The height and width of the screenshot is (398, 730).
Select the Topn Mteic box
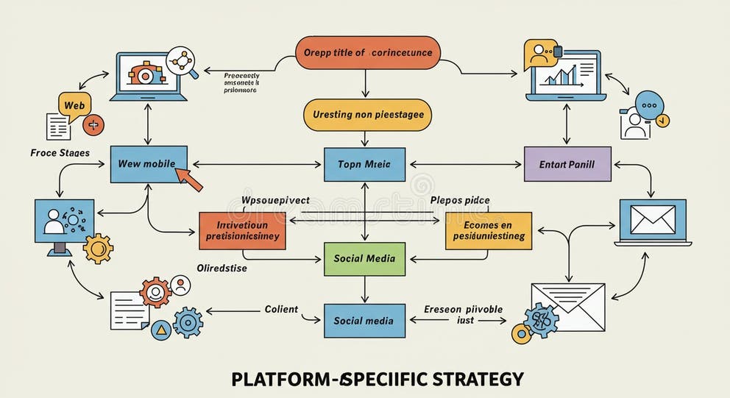click(x=364, y=164)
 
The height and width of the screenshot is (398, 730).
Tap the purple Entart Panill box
click(x=567, y=164)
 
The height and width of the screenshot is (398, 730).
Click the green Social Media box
click(x=364, y=258)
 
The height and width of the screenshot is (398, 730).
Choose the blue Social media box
click(x=364, y=321)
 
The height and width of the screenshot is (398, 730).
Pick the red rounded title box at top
click(x=368, y=53)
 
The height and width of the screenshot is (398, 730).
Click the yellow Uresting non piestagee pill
click(x=367, y=115)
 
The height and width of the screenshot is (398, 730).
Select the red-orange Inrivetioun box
click(x=242, y=230)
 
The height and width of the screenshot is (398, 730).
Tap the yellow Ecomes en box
click(x=488, y=230)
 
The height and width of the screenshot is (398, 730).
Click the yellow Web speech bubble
click(x=74, y=105)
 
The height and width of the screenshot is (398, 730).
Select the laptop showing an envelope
click(x=652, y=221)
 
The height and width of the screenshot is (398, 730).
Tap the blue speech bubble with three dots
click(x=649, y=104)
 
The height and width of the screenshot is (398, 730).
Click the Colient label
click(x=281, y=309)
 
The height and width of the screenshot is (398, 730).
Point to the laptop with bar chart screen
click(x=566, y=77)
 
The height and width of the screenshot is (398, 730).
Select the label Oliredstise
click(x=222, y=269)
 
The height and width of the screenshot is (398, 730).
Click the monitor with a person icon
click(x=64, y=224)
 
